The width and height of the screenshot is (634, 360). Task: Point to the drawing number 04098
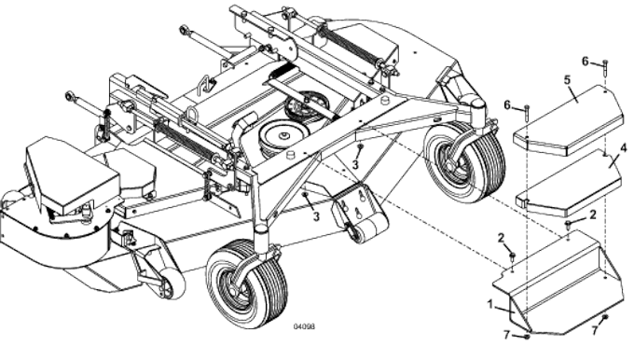304,328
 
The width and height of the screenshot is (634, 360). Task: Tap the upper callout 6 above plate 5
586,62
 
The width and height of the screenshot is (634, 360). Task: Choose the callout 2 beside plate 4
592,215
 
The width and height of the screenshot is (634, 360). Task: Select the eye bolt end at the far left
69,96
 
